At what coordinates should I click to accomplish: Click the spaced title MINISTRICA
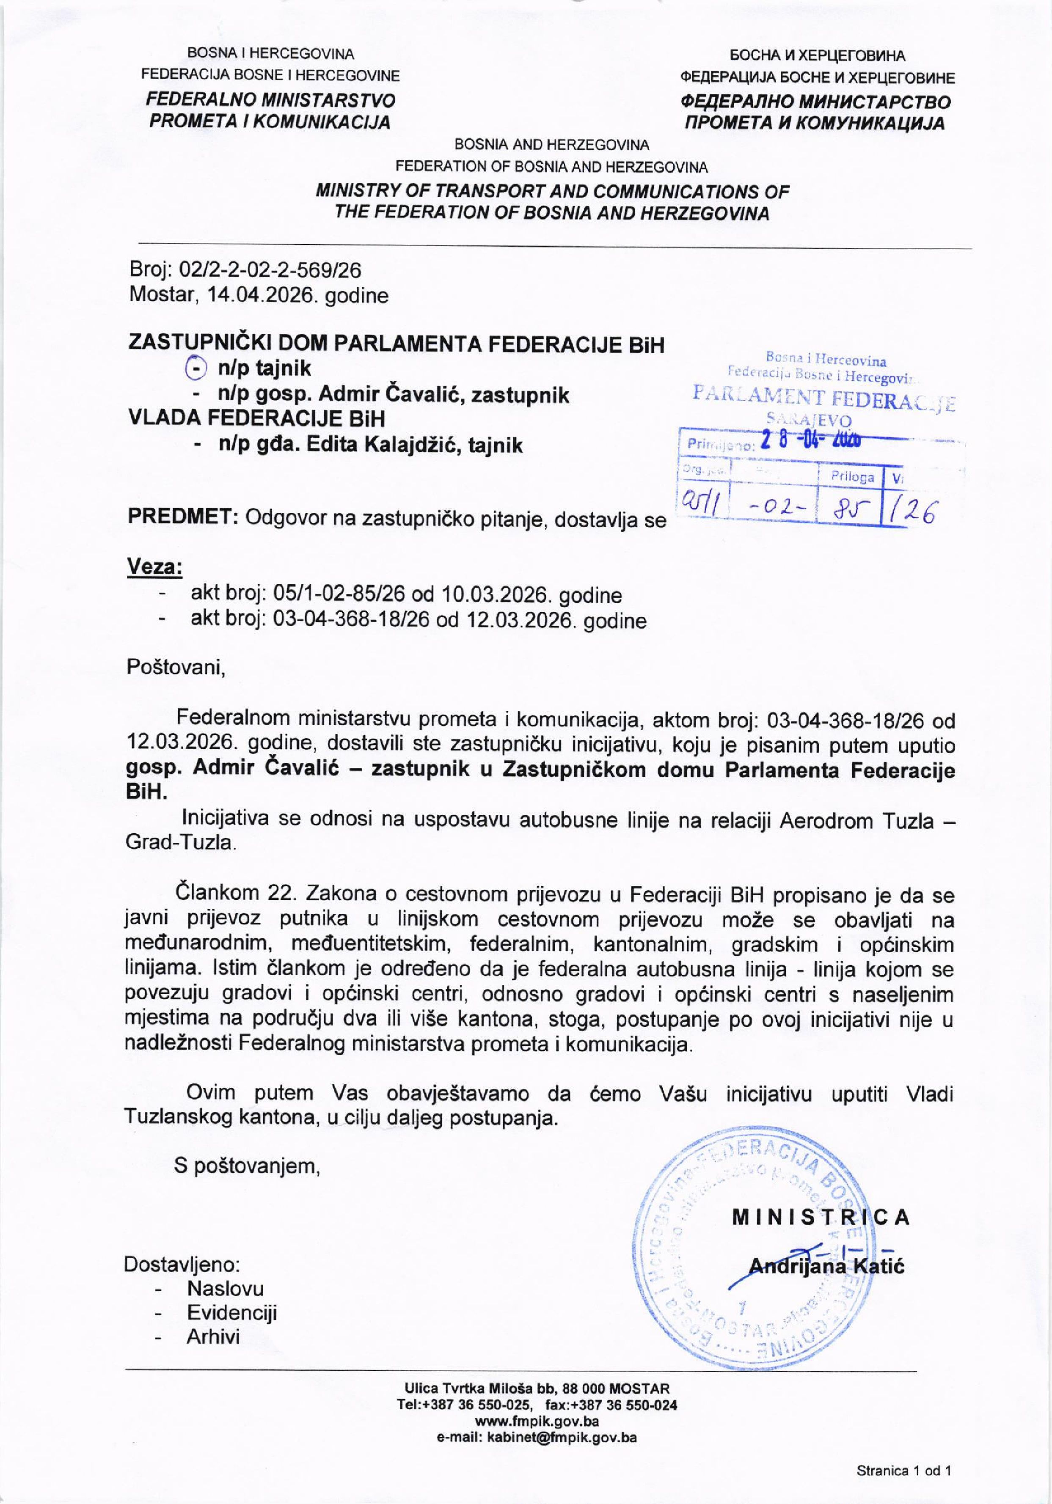(821, 1217)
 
